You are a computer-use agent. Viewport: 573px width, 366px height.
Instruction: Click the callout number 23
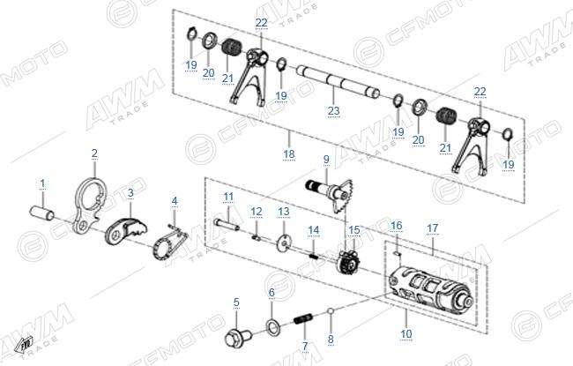[333, 110]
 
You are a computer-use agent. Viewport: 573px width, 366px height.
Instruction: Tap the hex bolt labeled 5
[238, 338]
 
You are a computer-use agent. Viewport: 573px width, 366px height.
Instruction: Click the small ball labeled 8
[331, 311]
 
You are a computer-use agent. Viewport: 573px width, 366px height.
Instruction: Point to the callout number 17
[432, 228]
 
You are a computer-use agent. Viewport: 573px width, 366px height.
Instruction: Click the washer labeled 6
[272, 326]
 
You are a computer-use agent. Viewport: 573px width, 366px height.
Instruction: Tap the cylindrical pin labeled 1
[41, 213]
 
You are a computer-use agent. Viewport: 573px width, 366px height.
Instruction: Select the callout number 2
[94, 153]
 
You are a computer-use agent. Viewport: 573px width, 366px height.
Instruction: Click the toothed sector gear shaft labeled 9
[330, 195]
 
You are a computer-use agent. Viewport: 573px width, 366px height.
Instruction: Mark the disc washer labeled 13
[283, 243]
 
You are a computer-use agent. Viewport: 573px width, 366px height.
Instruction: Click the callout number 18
[288, 154]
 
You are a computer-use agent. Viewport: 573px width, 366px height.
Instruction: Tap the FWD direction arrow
[24, 345]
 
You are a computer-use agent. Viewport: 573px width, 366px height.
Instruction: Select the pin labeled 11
[227, 224]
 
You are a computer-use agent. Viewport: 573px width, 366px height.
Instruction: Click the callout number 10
[406, 333]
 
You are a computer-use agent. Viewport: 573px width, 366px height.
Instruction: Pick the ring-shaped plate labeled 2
[89, 204]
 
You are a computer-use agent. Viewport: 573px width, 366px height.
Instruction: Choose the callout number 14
[313, 230]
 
